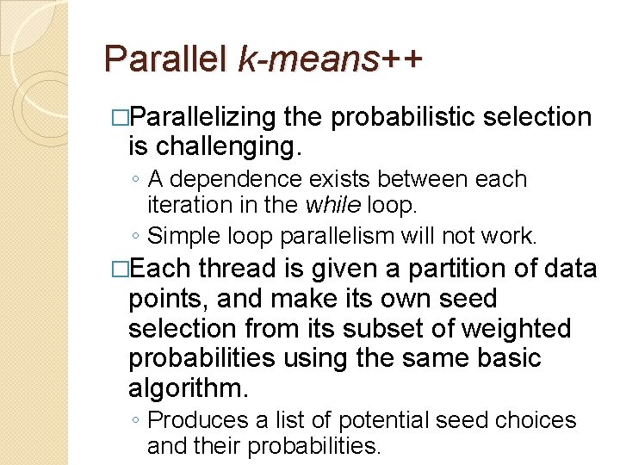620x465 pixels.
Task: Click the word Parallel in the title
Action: click(x=164, y=59)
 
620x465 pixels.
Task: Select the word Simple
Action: click(x=176, y=235)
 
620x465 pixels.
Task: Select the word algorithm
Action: click(x=188, y=388)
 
